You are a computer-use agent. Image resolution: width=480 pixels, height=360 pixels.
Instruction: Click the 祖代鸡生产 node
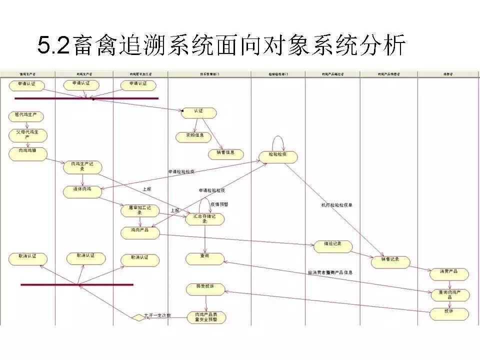(x=26, y=116)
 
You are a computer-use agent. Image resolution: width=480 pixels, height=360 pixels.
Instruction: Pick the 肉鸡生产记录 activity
(x=82, y=167)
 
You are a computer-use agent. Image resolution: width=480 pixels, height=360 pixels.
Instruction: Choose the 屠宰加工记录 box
(x=139, y=210)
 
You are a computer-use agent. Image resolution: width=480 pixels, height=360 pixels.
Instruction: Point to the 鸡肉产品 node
(x=139, y=232)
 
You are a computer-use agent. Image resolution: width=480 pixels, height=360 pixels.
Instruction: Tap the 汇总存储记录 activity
(x=204, y=219)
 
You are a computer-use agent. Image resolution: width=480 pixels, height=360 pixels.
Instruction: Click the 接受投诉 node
(x=205, y=289)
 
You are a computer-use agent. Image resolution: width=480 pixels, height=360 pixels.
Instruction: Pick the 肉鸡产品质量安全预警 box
(x=206, y=317)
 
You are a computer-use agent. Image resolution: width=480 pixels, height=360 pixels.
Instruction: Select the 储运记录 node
(x=332, y=246)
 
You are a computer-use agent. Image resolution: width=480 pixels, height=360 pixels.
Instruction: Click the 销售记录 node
(x=390, y=261)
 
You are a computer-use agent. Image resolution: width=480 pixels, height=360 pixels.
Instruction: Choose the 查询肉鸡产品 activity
(x=450, y=295)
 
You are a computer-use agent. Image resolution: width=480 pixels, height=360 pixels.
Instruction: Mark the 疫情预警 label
(x=219, y=204)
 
